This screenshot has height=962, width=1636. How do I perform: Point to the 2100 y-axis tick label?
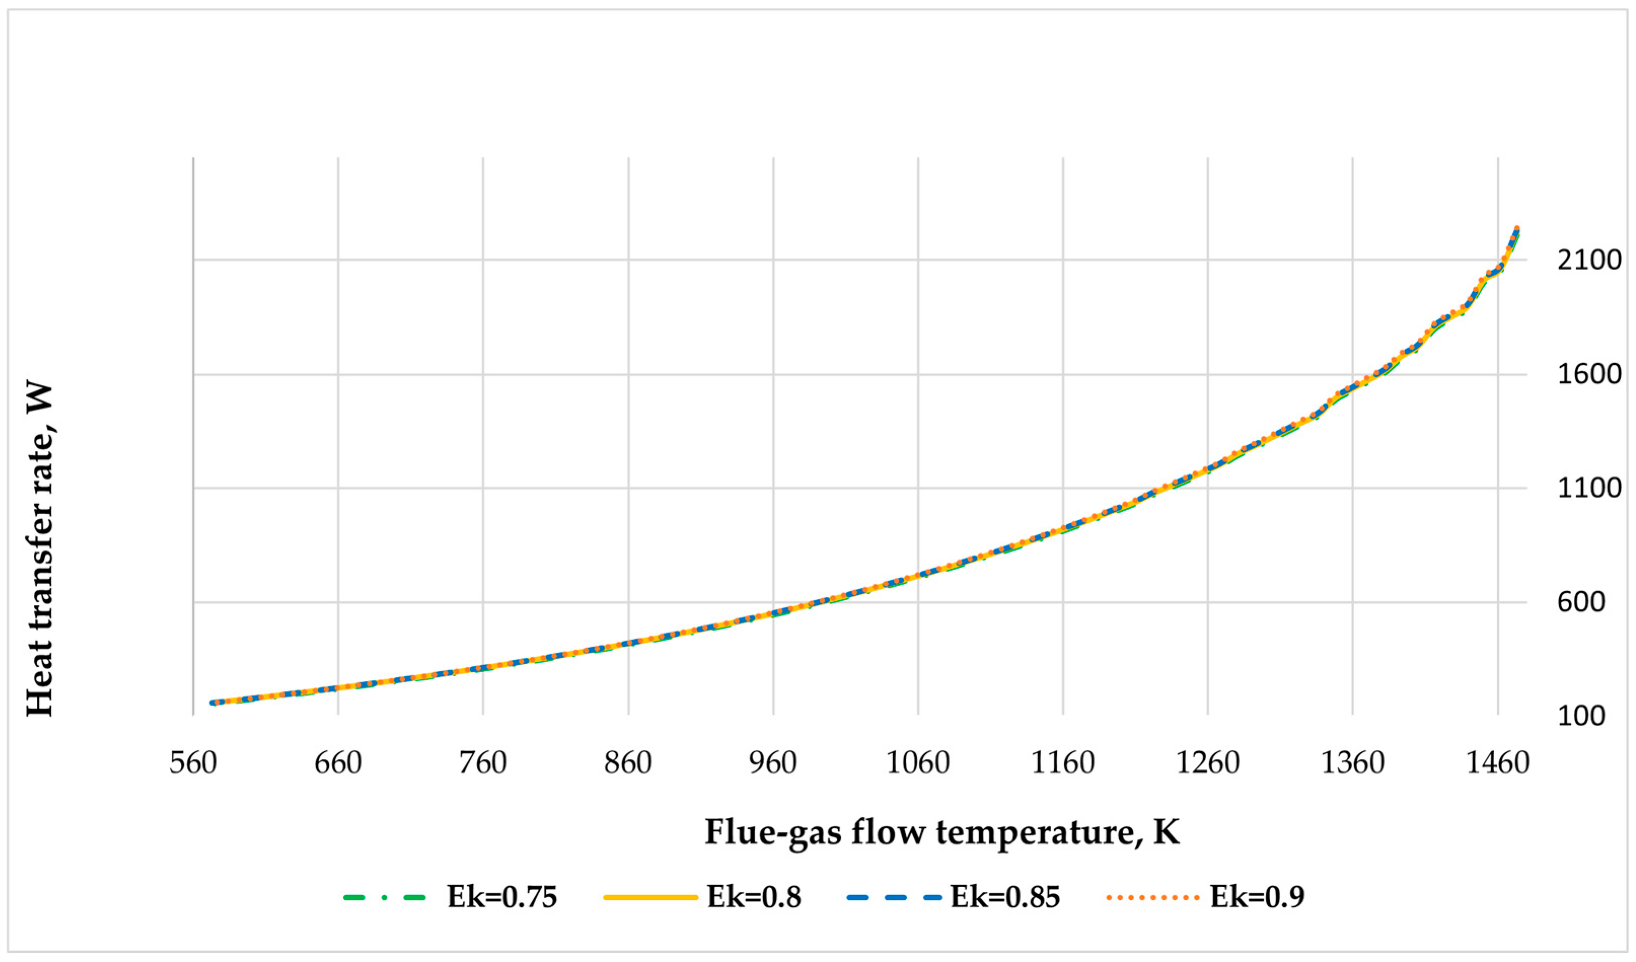tap(1588, 261)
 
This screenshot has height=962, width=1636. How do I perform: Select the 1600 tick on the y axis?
tap(1588, 374)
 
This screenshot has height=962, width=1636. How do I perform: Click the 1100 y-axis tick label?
tap(1588, 489)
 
